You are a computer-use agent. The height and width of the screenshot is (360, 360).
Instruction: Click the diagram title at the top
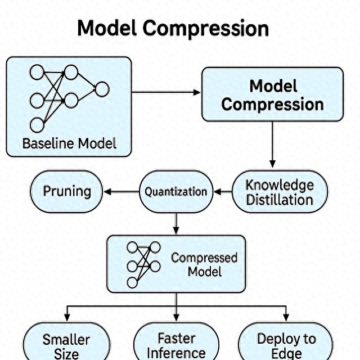[x=173, y=28]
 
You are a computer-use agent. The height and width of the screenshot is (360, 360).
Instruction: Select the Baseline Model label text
[x=69, y=143]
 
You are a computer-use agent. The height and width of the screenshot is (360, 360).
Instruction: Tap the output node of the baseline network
[x=102, y=89]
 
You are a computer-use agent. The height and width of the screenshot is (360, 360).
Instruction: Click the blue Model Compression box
[x=272, y=94]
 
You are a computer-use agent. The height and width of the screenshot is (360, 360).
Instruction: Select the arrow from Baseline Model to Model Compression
[x=166, y=92]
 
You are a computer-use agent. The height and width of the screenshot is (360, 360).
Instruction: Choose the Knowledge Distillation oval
[x=280, y=192]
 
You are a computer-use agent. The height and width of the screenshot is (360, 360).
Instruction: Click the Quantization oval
[x=176, y=192]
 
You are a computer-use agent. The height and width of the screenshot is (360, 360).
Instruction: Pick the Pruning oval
[x=66, y=191]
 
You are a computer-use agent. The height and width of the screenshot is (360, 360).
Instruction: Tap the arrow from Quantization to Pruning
[x=121, y=192]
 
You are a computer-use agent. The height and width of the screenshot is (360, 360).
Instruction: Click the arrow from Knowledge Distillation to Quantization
[x=223, y=192]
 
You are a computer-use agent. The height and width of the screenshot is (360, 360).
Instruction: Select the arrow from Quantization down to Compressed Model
[x=176, y=223]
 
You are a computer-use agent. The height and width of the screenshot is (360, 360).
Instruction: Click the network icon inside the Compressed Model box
[x=143, y=264]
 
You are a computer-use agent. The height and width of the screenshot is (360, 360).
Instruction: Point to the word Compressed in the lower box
[x=204, y=258]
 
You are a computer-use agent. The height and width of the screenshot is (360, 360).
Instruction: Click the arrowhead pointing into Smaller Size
[x=66, y=316]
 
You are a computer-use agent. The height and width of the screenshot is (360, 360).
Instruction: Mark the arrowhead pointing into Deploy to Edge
[x=286, y=316]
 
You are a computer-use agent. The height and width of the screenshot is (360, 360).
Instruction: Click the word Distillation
[x=280, y=200]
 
